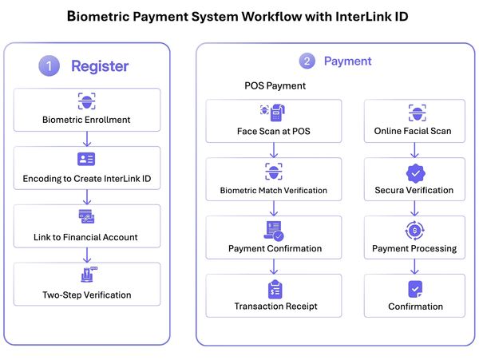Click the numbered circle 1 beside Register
(x=49, y=67)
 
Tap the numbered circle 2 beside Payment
(x=307, y=61)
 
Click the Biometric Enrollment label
(x=86, y=121)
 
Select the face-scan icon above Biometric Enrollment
(x=86, y=101)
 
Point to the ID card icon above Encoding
(x=86, y=159)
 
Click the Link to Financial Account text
(x=86, y=236)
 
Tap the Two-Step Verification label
(x=86, y=295)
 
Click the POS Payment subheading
(x=275, y=85)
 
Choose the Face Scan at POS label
(x=274, y=131)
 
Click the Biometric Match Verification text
(x=274, y=191)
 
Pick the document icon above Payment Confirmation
(x=274, y=231)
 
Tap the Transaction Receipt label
(x=275, y=306)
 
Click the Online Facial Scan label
(x=414, y=131)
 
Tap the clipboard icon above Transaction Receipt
(x=275, y=288)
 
